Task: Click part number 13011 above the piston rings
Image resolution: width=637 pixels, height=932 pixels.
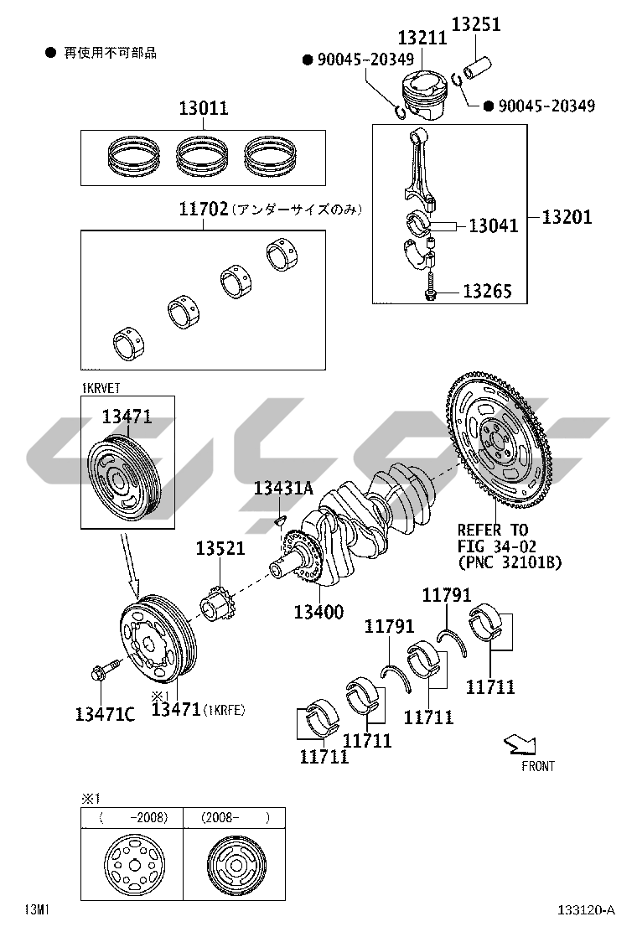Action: point(204,108)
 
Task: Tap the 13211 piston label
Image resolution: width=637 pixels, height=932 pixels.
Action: point(422,38)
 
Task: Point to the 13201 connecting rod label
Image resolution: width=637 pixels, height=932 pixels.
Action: point(567,217)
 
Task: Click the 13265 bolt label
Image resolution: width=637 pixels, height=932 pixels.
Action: point(487,292)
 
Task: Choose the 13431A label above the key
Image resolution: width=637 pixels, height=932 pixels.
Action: point(283,488)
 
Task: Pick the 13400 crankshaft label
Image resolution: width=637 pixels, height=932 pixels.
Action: point(318,611)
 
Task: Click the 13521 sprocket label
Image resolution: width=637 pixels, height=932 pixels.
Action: point(220,548)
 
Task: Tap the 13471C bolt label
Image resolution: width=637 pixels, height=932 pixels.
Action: point(105,714)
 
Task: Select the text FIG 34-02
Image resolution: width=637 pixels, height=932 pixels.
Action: point(497,546)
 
